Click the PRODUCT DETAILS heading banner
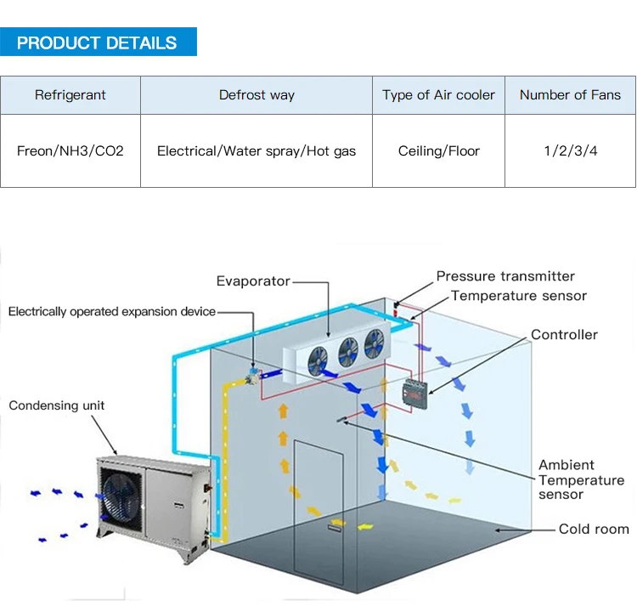click(x=98, y=42)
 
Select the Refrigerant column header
click(x=70, y=95)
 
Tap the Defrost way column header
click(x=256, y=95)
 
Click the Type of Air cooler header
click(x=438, y=95)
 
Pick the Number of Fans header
click(x=570, y=95)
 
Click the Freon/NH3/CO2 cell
click(x=70, y=151)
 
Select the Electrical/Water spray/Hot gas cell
click(x=256, y=151)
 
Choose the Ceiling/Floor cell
click(x=438, y=151)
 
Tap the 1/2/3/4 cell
click(x=570, y=151)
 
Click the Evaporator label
click(x=253, y=281)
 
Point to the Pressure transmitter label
click(x=505, y=276)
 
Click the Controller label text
click(x=564, y=335)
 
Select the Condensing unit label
click(x=57, y=405)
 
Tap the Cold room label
click(x=594, y=529)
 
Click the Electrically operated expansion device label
click(x=112, y=312)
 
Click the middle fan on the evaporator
click(x=348, y=351)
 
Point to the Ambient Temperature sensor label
click(x=580, y=479)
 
